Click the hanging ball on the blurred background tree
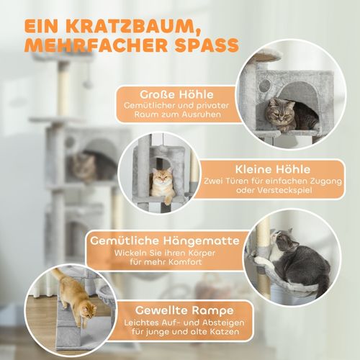coord(87,84)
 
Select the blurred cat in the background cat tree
coord(85,167)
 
